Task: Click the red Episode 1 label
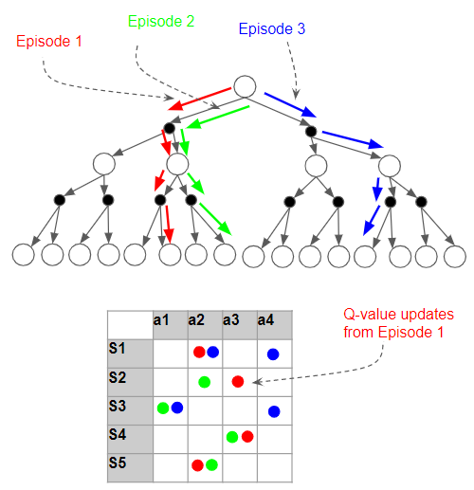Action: tap(49, 42)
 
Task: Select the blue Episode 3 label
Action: tap(272, 29)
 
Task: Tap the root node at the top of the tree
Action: tap(244, 86)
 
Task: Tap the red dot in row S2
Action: tap(238, 381)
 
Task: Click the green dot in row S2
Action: tap(204, 381)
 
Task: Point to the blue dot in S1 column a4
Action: tap(273, 354)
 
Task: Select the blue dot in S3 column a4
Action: tap(273, 410)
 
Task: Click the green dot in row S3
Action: tap(163, 408)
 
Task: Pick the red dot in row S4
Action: tap(246, 437)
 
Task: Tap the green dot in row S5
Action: tap(211, 464)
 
